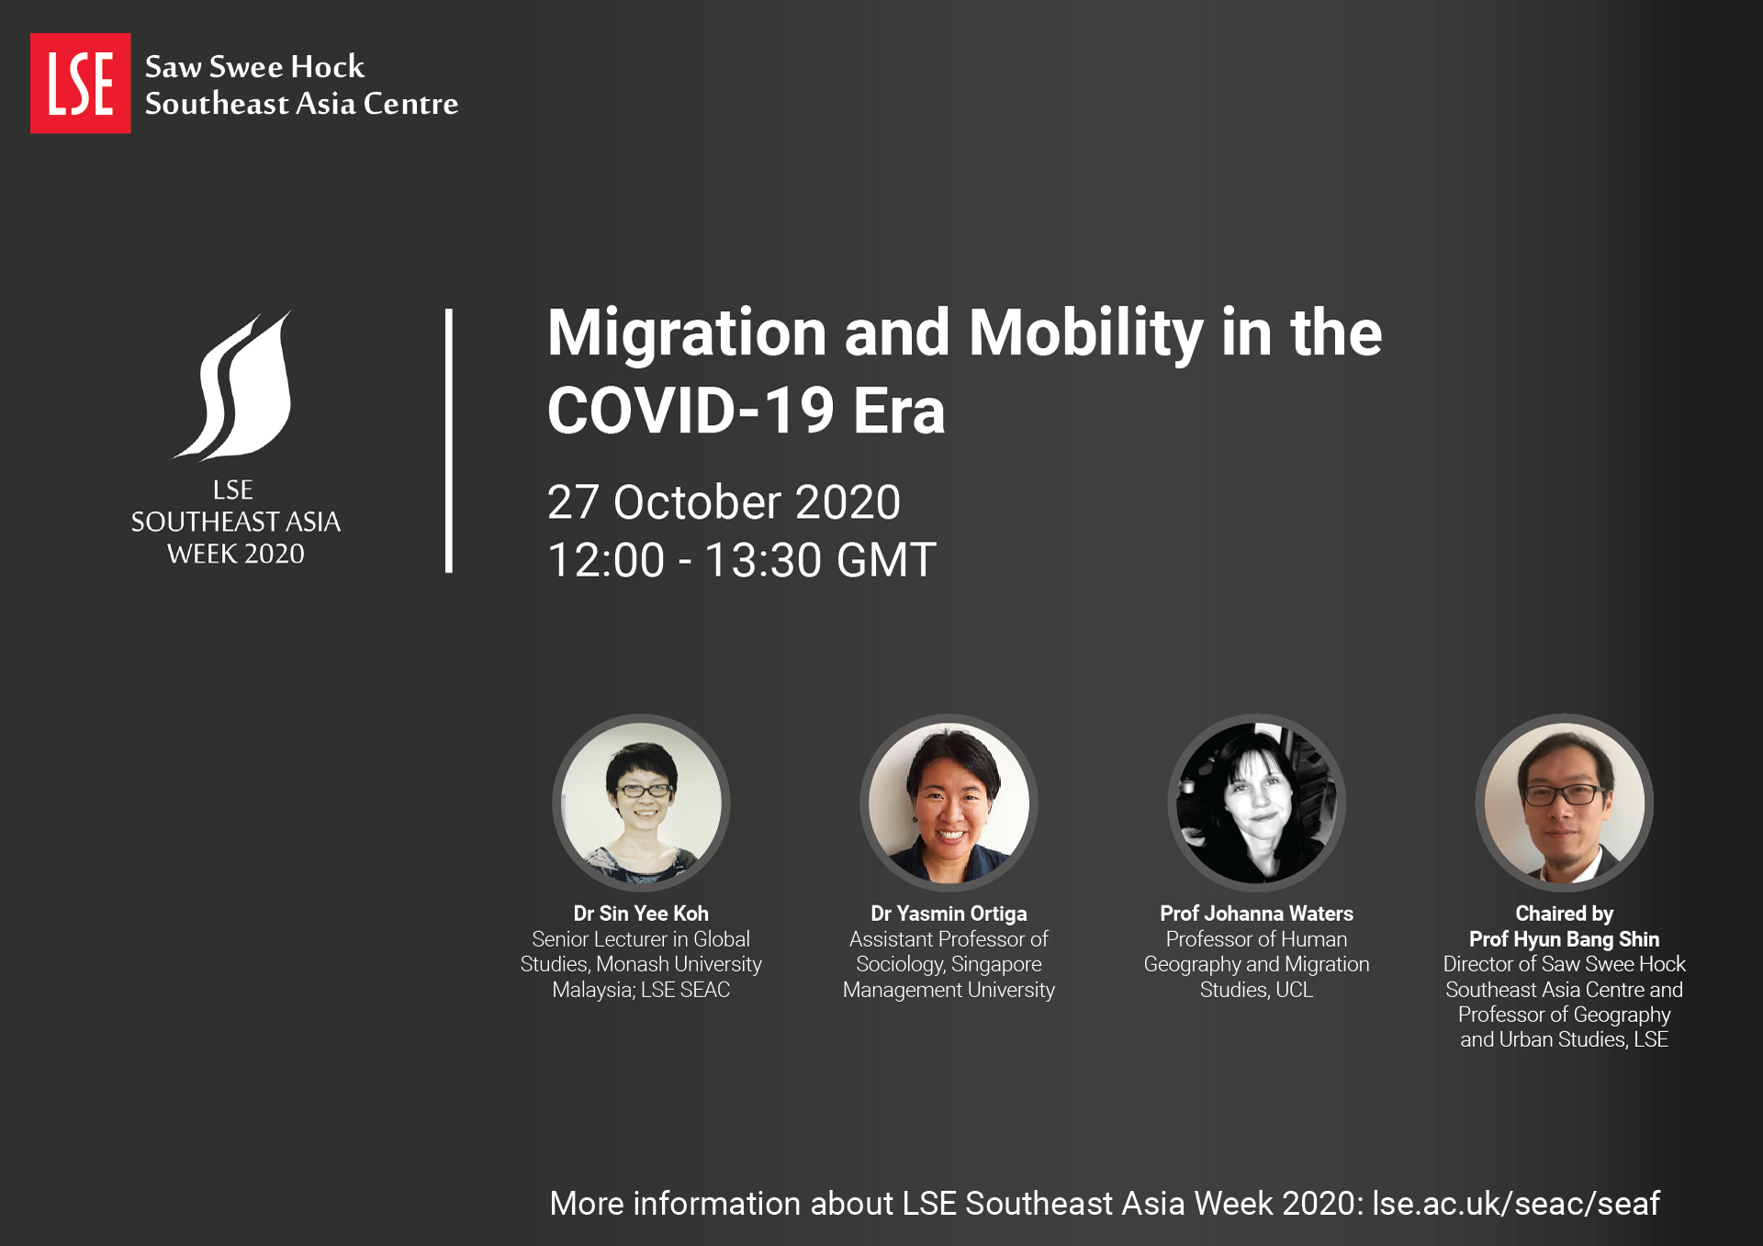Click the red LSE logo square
point(81,84)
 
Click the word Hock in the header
point(328,67)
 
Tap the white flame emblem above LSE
point(235,385)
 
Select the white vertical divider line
point(449,441)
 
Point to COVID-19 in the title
point(691,410)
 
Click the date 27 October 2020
point(724,502)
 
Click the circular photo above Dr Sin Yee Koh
point(641,803)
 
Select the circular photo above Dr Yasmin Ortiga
point(949,803)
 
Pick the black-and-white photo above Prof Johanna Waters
point(1256,803)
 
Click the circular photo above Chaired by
point(1565,803)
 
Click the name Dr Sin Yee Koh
point(641,914)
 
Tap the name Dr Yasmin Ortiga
point(949,914)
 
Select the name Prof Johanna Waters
point(1256,914)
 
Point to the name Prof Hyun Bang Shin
point(1565,939)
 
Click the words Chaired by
point(1565,914)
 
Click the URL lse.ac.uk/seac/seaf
point(1516,1203)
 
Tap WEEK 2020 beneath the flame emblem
point(236,554)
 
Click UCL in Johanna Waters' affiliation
point(1295,990)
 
